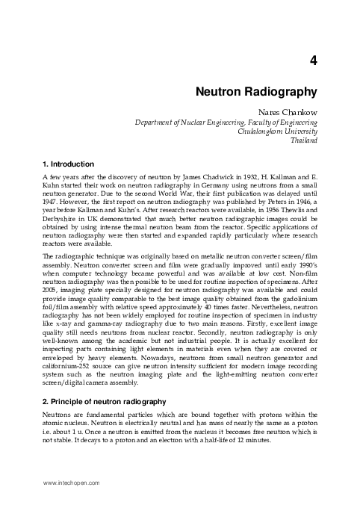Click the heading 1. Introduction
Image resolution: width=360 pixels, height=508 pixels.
pos(68,164)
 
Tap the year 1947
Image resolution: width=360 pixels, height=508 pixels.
pos(51,201)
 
